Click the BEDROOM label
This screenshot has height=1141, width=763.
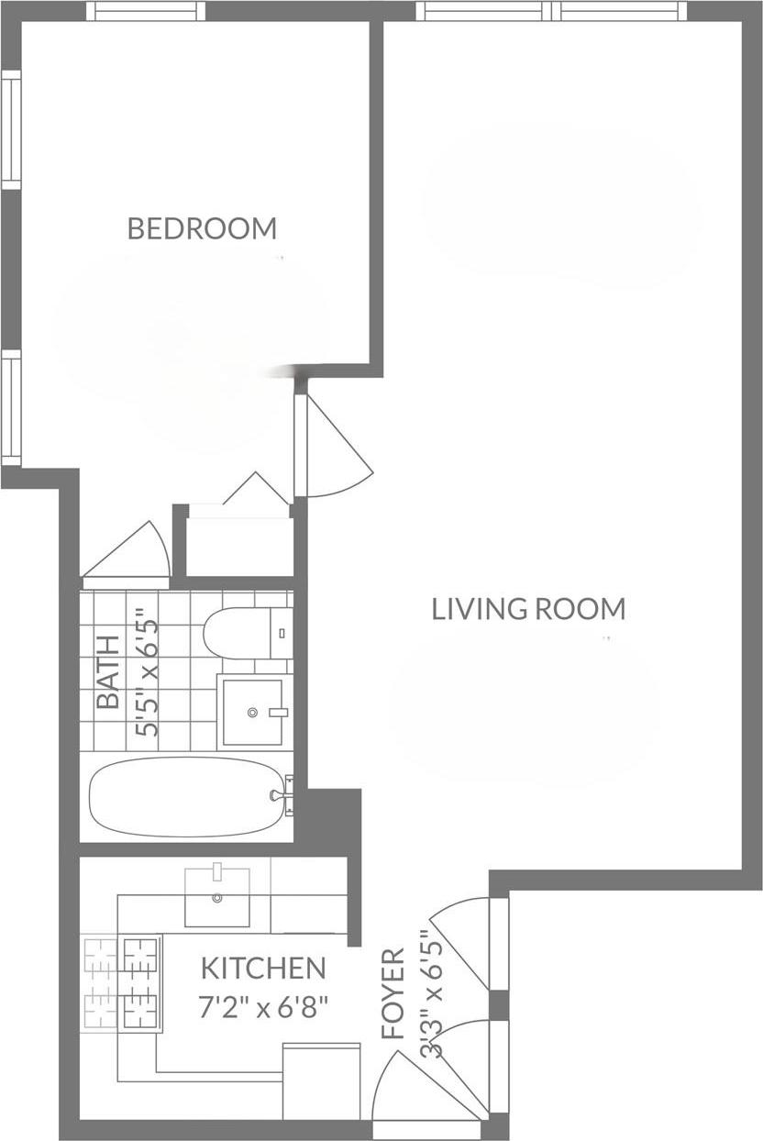click(202, 227)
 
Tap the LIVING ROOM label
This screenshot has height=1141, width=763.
click(528, 609)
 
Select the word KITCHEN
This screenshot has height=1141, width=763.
click(263, 968)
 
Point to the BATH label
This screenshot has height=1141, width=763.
click(108, 671)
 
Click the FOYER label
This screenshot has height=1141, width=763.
click(393, 993)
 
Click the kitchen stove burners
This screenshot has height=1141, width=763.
click(121, 982)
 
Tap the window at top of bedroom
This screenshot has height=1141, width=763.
click(146, 11)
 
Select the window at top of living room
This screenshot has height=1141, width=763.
click(551, 11)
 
